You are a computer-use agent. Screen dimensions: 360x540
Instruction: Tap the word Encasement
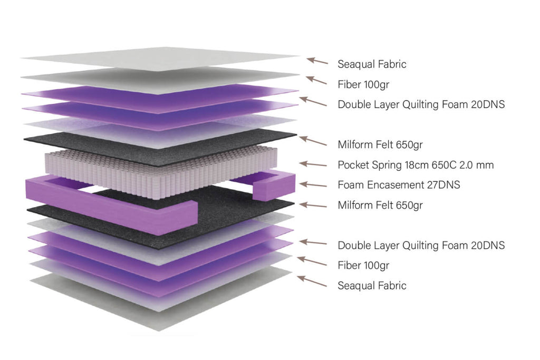click(389, 185)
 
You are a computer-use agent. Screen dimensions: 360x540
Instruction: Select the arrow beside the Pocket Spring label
click(313, 164)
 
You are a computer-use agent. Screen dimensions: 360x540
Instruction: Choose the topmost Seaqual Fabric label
click(372, 64)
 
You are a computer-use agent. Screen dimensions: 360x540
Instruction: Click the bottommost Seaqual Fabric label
click(372, 286)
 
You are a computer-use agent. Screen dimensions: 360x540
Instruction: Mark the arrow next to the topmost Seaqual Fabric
click(317, 61)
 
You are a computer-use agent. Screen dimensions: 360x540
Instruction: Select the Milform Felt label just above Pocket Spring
click(380, 144)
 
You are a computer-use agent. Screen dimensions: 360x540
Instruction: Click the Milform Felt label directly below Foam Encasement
click(380, 205)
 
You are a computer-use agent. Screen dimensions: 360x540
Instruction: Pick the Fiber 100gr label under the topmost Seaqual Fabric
click(363, 84)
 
